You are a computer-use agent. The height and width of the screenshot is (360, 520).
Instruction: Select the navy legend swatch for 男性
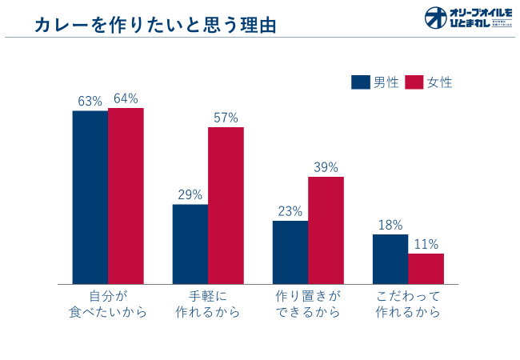coord(361,82)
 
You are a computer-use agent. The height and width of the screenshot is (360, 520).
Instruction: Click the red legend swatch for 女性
coord(414,82)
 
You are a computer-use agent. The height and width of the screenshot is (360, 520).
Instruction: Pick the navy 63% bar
coord(90,197)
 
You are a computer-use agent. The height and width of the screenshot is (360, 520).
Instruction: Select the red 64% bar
coord(126,195)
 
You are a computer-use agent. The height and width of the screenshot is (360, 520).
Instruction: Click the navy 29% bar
coord(190,244)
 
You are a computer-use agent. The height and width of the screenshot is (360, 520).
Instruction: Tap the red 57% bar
coord(226,206)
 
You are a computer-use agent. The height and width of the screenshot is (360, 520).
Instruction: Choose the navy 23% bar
coord(290,252)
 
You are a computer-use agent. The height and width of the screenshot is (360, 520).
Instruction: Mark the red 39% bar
coord(326,230)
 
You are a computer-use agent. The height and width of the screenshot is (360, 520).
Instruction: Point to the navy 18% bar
coord(390,259)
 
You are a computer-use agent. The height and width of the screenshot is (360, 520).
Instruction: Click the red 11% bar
coord(426,269)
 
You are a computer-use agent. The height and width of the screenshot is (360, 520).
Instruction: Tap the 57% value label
coord(226,118)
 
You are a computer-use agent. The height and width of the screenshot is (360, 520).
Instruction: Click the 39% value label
coord(326,167)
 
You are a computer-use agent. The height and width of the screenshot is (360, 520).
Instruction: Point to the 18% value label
coord(390,225)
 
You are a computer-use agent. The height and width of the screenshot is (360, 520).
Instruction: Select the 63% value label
coord(90,101)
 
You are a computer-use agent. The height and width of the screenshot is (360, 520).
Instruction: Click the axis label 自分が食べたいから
coord(108,304)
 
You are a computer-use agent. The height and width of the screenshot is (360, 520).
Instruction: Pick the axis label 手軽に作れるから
coord(208,304)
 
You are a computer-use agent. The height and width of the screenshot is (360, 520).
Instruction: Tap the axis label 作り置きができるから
coord(308,304)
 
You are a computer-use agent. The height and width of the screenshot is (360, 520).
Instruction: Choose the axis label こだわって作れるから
coord(408,304)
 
